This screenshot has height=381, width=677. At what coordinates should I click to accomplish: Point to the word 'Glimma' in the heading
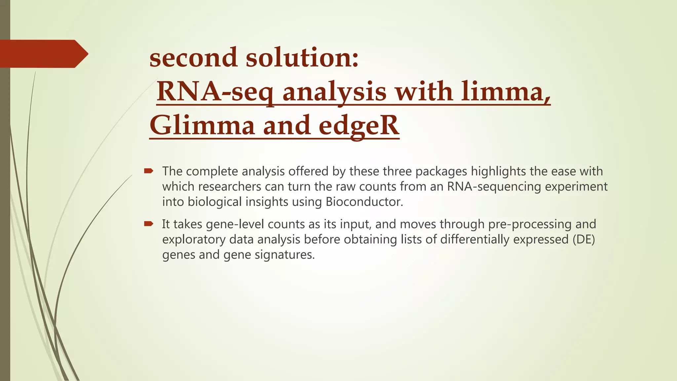(202, 126)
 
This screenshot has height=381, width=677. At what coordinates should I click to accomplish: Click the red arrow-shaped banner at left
(43, 54)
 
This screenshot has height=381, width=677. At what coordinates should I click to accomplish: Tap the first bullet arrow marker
(148, 171)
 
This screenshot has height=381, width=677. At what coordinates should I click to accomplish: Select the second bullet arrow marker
(148, 224)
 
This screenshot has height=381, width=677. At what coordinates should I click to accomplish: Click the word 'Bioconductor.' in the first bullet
(364, 202)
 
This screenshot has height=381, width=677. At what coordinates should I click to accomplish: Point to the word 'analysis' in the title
(334, 92)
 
